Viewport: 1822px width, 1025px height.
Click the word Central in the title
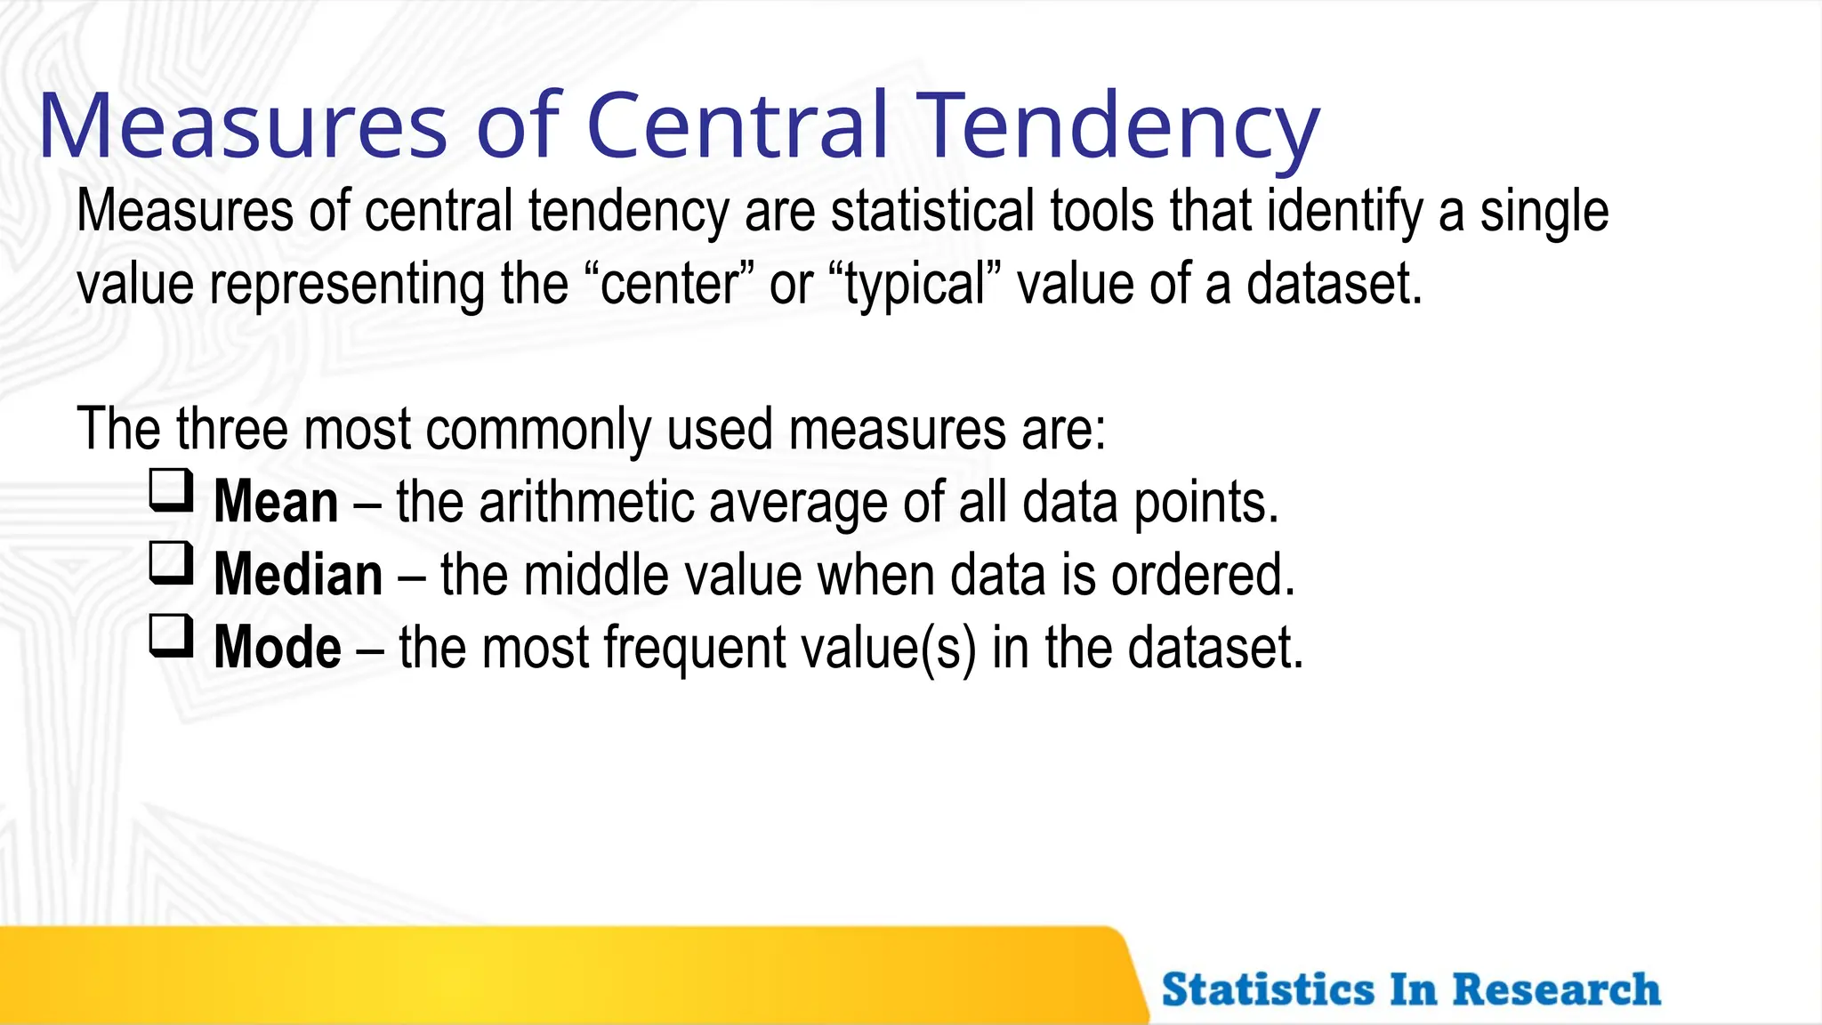(738, 126)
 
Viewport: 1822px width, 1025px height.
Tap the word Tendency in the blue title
(1118, 126)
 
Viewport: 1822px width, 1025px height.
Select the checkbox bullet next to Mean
(171, 491)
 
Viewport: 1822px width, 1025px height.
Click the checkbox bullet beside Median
(171, 564)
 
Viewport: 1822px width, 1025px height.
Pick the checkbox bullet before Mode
(171, 637)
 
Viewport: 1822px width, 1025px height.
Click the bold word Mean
(276, 503)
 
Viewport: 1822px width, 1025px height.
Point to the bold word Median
(298, 576)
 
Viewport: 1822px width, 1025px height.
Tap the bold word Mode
(278, 648)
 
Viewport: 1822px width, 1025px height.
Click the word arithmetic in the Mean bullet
(588, 503)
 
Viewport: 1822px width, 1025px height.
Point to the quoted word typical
(915, 285)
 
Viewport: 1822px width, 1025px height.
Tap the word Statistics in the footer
(1268, 989)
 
